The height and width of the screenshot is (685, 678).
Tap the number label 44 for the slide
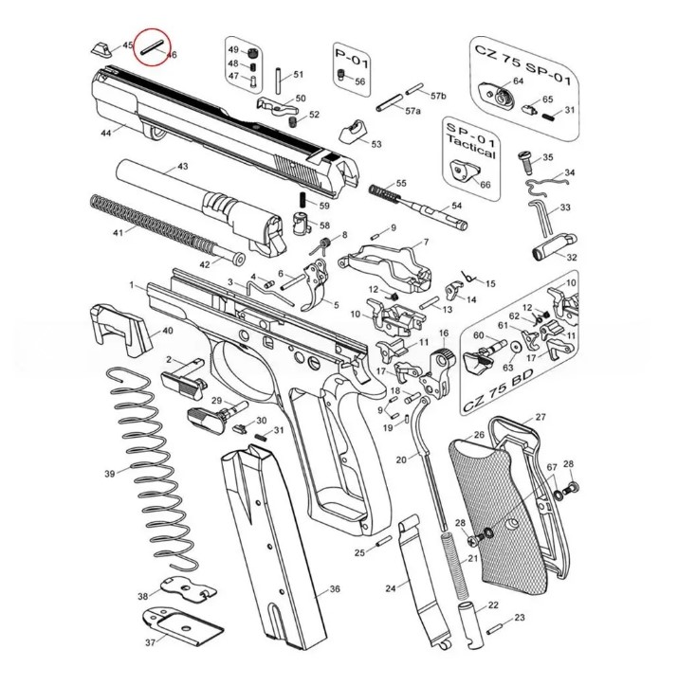[106, 134]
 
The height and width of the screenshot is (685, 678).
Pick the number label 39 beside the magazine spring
[109, 473]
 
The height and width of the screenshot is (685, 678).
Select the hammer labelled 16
[442, 366]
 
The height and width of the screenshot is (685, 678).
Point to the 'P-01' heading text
[351, 60]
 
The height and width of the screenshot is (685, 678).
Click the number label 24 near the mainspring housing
[390, 588]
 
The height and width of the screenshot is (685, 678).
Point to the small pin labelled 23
[497, 625]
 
